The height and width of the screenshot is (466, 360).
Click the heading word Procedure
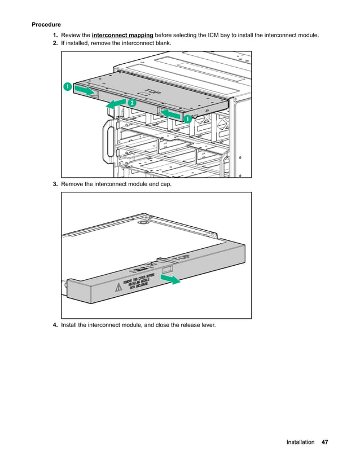pos(46,25)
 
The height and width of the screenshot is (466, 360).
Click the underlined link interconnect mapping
pos(122,35)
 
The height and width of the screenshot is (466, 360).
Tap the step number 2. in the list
pos(55,43)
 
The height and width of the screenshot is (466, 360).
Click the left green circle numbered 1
pos(67,87)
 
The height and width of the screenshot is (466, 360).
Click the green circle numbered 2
pos(131,103)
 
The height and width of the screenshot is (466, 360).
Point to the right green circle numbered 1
pos(187,119)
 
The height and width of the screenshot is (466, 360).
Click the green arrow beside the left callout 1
pos(85,90)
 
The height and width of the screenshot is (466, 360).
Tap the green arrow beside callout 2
pos(116,103)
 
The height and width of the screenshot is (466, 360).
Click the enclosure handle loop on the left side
pos(108,142)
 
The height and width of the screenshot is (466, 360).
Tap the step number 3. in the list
pos(55,184)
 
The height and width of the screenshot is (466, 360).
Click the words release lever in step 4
pos(196,325)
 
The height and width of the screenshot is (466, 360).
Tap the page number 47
pos(324,442)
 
